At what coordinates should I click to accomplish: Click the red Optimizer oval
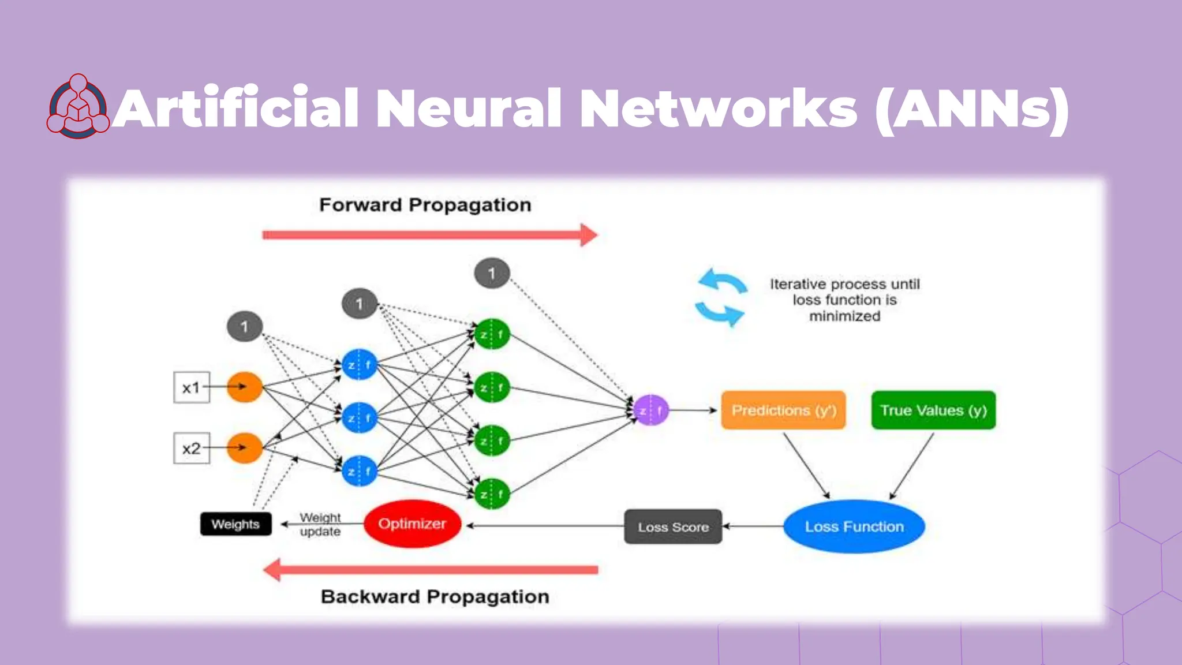[412, 524]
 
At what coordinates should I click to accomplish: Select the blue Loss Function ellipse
[854, 526]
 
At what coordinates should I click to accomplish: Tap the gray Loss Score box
[673, 526]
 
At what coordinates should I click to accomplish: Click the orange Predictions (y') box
[783, 410]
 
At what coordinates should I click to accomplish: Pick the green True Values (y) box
[933, 410]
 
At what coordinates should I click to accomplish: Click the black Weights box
[235, 524]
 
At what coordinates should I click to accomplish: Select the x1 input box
[191, 387]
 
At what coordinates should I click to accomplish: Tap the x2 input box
[191, 448]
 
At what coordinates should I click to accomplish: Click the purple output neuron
[651, 410]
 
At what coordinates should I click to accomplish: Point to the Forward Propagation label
[425, 205]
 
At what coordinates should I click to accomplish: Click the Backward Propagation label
[435, 596]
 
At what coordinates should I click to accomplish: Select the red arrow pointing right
[430, 235]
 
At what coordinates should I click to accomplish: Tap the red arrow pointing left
[430, 570]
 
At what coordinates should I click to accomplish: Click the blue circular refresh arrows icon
[720, 298]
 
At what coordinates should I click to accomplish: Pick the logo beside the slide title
[78, 107]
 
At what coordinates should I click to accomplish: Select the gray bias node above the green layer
[492, 273]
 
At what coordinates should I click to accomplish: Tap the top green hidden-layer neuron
[492, 334]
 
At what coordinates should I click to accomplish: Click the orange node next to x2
[244, 448]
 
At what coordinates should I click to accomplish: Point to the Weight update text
[320, 524]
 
